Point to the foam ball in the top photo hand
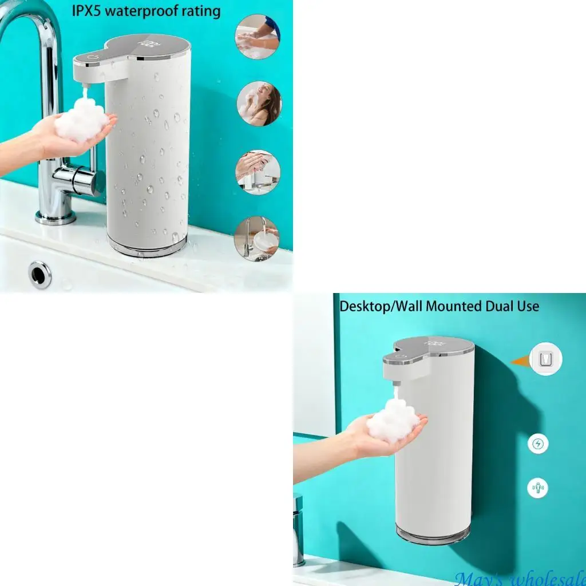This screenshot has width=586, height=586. (x=81, y=120)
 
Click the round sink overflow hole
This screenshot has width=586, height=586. (x=40, y=274)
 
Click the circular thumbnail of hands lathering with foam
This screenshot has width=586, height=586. (x=258, y=37)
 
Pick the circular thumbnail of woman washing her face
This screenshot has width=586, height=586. (x=259, y=104)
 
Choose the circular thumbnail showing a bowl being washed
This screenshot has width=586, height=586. (x=257, y=238)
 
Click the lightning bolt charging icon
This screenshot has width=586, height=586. (x=538, y=444)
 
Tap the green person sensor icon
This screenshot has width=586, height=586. (x=538, y=488)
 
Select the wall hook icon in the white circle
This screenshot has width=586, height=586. (x=546, y=359)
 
